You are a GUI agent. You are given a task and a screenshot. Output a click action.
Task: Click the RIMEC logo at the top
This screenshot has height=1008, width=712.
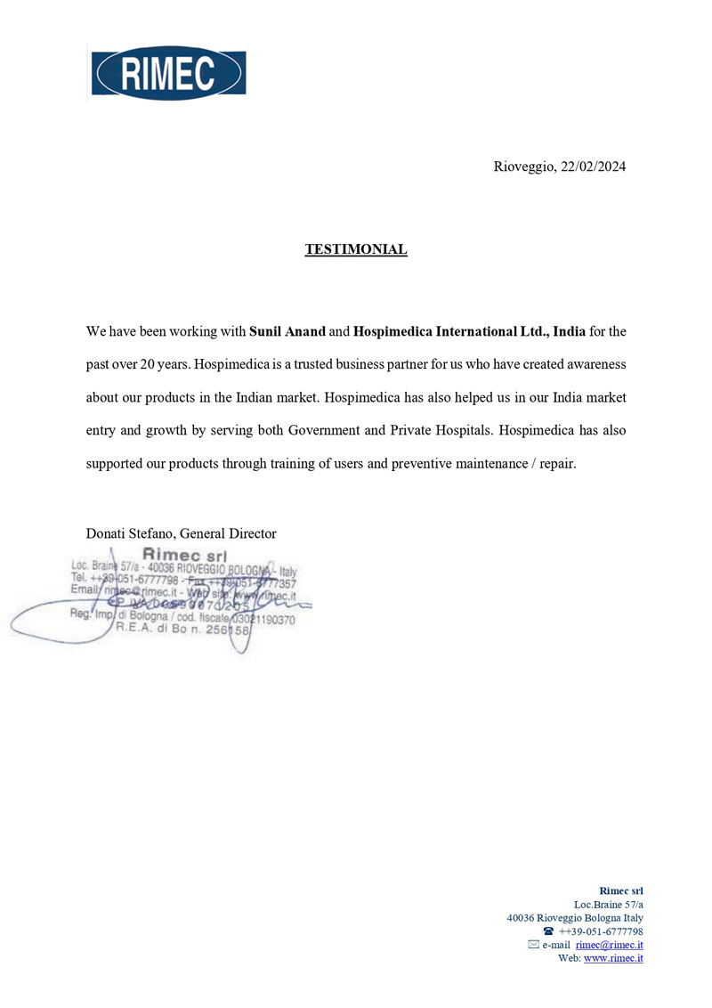click(168, 73)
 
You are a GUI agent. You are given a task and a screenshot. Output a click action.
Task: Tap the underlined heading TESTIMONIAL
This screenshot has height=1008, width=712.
click(356, 249)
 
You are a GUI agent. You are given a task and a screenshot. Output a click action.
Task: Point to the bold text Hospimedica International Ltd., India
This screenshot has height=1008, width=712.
click(469, 332)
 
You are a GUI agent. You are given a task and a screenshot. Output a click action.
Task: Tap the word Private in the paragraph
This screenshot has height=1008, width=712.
click(417, 430)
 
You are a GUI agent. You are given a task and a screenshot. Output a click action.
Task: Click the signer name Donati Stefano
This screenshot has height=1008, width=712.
click(129, 533)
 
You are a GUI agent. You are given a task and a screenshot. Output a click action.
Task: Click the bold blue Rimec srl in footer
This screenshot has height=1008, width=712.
click(621, 890)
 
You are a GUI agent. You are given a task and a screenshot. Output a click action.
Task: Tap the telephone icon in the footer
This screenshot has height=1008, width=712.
click(547, 931)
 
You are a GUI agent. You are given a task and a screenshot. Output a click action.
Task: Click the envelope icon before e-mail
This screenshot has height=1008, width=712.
click(533, 945)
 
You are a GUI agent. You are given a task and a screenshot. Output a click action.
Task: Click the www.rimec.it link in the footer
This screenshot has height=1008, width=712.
click(613, 958)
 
